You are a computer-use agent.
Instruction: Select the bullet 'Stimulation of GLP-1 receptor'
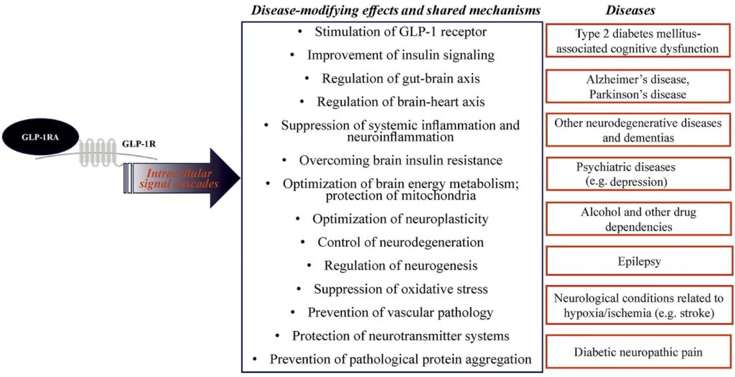401,32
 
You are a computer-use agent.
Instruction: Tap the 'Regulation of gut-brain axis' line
401,78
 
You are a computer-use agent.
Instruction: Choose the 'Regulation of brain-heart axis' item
401,101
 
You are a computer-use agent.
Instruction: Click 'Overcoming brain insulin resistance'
401,159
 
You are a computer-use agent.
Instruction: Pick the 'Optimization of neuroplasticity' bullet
401,218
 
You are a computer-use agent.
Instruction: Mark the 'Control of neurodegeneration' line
401,242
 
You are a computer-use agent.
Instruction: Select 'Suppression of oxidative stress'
401,289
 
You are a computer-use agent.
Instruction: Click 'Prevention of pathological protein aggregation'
401,358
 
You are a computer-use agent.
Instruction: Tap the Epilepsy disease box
638,261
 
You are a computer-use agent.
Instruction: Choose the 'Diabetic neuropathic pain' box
638,352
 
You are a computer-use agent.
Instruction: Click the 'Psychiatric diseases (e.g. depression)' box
638,174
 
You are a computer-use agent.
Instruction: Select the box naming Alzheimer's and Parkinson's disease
638,87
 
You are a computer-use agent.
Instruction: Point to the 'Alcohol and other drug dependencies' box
638,219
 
